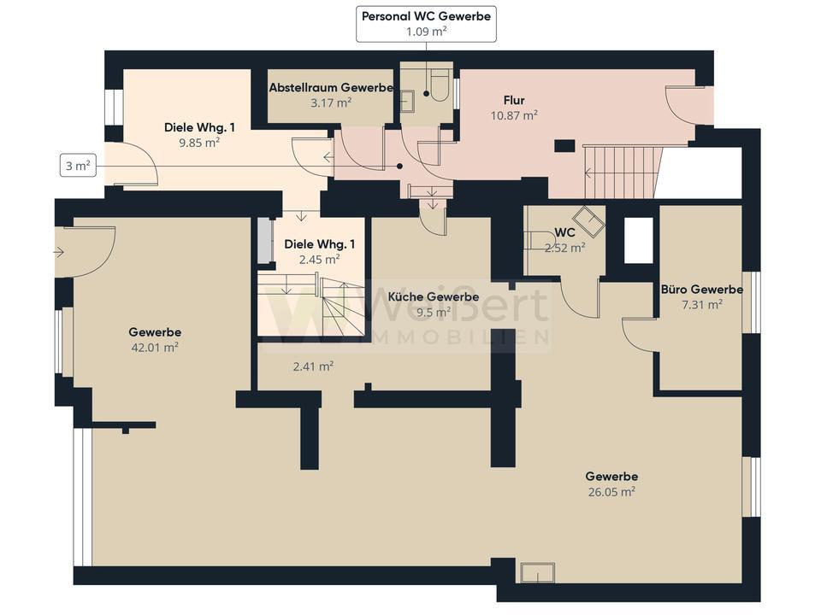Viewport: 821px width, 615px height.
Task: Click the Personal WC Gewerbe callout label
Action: [426, 16]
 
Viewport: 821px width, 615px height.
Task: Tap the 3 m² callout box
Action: [78, 166]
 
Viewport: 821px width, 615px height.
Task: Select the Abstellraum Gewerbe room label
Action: [331, 87]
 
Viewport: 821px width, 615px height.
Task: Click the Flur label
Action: [514, 100]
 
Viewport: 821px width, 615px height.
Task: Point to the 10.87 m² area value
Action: [514, 115]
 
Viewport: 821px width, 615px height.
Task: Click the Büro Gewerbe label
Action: [701, 290]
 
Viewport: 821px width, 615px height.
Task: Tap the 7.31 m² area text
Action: [701, 304]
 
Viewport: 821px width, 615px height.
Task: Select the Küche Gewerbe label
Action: [433, 296]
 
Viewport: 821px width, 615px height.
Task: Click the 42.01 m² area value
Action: [155, 348]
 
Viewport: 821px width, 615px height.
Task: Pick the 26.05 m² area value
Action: [611, 492]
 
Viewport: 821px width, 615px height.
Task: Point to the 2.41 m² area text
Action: [313, 366]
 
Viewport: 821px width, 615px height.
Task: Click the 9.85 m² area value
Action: [199, 143]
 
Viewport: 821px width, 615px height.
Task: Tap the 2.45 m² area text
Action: [319, 259]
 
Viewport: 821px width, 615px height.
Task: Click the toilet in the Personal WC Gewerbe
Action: [437, 87]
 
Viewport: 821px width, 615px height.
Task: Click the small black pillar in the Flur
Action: [564, 145]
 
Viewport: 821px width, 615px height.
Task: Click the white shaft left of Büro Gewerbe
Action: [639, 241]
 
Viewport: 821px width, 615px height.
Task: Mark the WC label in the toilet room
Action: [564, 232]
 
